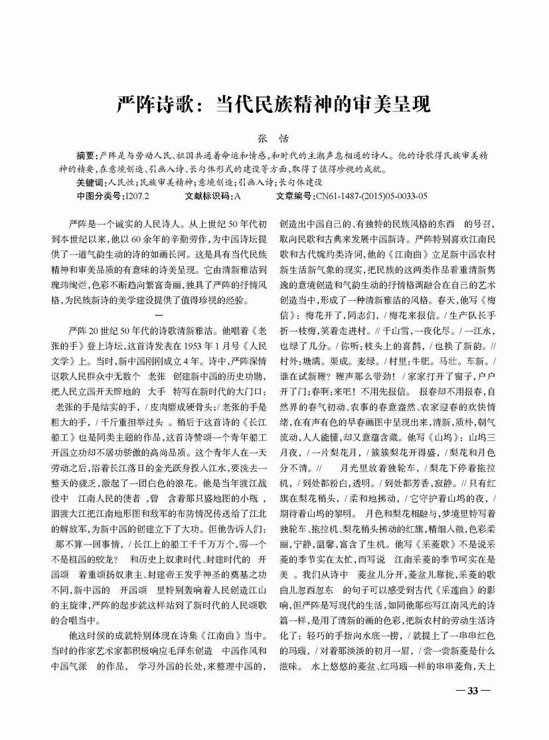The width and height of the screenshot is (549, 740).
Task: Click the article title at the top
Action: click(x=274, y=104)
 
